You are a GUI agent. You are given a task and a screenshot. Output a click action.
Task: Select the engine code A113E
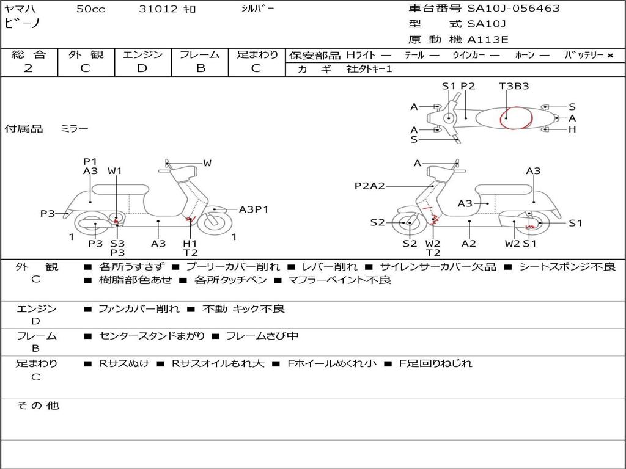coord(488,40)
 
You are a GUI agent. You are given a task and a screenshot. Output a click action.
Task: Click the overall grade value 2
coord(28,68)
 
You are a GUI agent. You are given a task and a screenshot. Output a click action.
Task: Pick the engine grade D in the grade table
coord(142,68)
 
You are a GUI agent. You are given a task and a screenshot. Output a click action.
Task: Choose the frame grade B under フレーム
coord(200,68)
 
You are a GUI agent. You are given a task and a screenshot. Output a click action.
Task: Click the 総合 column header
coord(29,54)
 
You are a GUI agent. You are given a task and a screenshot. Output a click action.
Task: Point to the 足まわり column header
coord(257,54)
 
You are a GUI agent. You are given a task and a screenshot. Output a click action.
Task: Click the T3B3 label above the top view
coord(514,86)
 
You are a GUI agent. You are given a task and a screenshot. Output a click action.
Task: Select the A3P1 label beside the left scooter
coord(254,209)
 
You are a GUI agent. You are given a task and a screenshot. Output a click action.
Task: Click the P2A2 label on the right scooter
coord(370,186)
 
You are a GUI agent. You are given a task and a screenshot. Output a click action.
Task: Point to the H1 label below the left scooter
coord(190,243)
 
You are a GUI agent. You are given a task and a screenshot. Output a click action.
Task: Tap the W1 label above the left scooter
coord(115,171)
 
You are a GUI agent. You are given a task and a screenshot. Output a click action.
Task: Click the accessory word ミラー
coord(75,129)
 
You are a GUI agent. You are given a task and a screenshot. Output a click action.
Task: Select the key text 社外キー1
coord(369,69)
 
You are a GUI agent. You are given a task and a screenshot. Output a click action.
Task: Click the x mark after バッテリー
coord(609,56)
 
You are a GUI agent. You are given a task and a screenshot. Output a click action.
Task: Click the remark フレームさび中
coord(262,336)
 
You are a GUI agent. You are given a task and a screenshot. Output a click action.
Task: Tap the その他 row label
coord(37,405)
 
